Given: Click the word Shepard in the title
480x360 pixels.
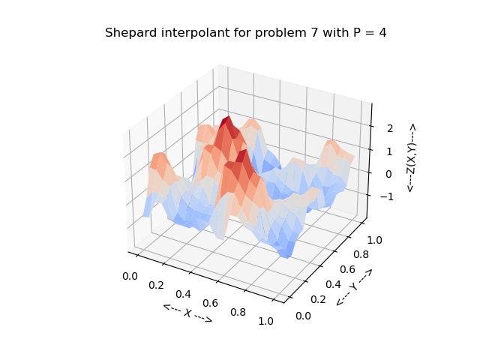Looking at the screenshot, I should (128, 33).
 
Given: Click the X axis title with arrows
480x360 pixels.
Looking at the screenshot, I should (187, 313).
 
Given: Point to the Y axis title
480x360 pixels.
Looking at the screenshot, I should (354, 287).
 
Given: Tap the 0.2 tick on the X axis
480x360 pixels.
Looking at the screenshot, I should (157, 285).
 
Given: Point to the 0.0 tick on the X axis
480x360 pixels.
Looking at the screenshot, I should (130, 276).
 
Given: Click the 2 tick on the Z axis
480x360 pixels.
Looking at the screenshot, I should (389, 128).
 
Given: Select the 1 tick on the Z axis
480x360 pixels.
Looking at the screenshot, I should (389, 151).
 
